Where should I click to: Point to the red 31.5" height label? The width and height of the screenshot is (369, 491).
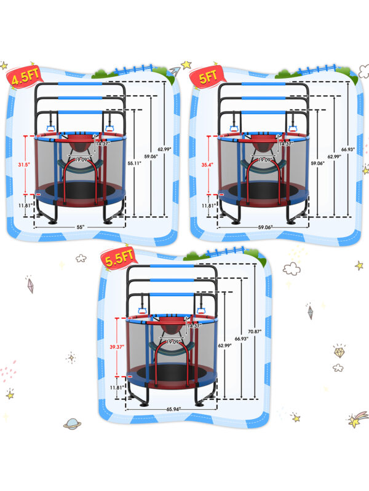[x=22, y=164]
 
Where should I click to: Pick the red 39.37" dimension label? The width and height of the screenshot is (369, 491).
[x=117, y=347]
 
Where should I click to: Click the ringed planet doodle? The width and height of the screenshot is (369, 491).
[x=72, y=423]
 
